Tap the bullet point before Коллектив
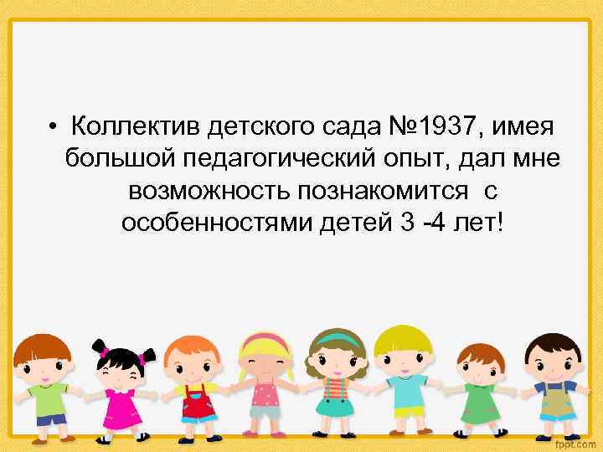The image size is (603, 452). tap(52, 128)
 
